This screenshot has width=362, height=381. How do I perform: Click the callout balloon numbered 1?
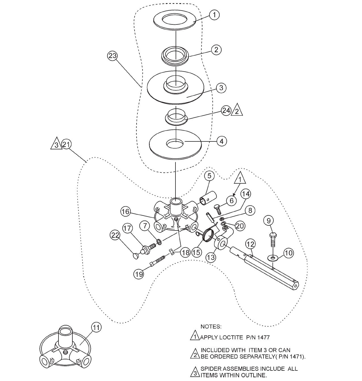[215, 15]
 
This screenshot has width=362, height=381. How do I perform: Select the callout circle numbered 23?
[112, 56]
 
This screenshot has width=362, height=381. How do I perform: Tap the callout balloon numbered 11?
[96, 328]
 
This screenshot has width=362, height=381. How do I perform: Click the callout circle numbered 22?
[115, 235]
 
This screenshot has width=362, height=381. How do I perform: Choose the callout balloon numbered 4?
[222, 141]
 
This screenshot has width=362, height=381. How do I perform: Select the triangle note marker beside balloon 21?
[56, 144]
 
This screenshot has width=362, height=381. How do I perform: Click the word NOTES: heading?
[211, 326]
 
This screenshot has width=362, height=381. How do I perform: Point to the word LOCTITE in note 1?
[231, 338]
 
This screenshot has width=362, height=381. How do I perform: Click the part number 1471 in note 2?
[295, 357]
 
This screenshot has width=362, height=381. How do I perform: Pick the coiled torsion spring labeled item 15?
[209, 236]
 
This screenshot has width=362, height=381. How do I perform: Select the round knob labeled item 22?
[136, 256]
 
